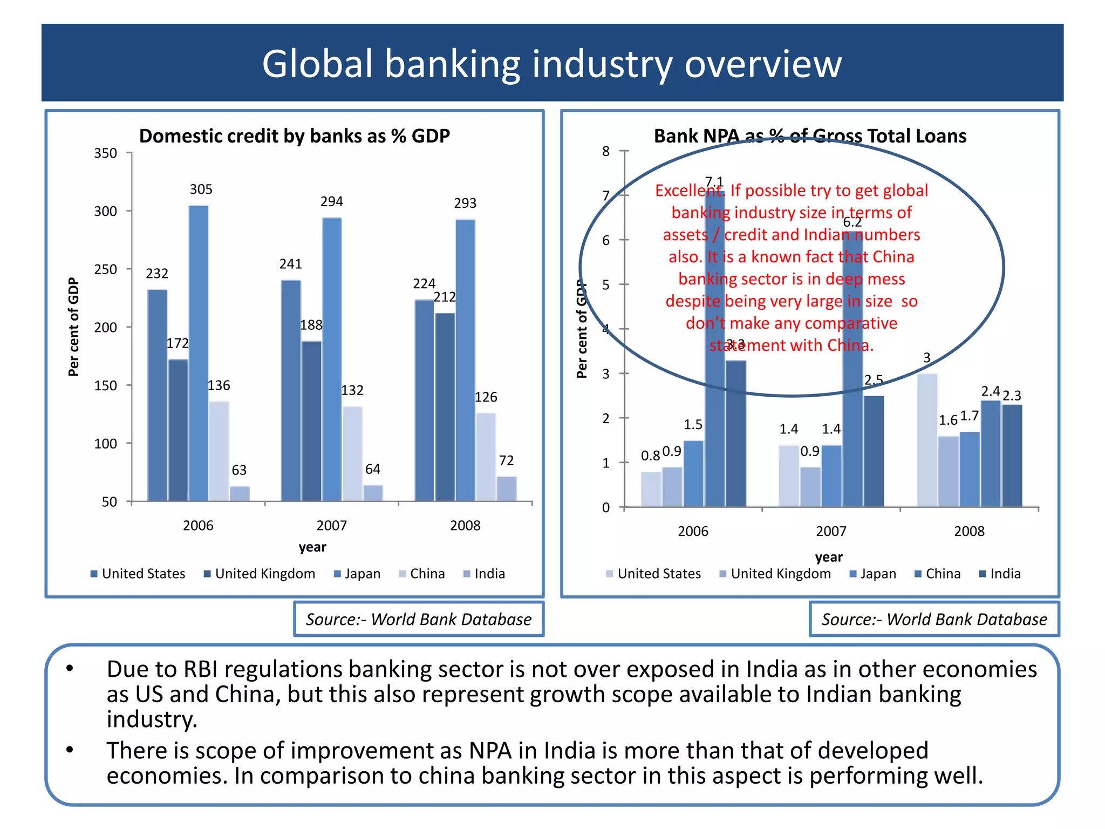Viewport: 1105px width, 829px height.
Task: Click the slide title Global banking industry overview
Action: (x=551, y=64)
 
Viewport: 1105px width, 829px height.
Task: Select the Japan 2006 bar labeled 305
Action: (x=199, y=354)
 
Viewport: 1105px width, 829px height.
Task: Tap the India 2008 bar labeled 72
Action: (x=507, y=488)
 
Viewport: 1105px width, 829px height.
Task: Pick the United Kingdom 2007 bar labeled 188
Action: (x=311, y=421)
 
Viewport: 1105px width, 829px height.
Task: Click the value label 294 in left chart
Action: (x=331, y=202)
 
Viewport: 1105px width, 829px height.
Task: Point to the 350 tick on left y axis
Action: (x=106, y=153)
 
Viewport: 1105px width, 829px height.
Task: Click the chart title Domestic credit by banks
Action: (x=295, y=136)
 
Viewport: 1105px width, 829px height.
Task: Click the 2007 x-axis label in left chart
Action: (x=331, y=526)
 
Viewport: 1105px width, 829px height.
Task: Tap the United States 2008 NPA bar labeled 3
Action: (x=927, y=440)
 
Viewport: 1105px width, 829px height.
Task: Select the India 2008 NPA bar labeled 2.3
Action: (x=1012, y=456)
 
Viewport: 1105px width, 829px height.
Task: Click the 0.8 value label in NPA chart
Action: (x=650, y=456)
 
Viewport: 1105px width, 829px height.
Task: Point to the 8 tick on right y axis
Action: (x=606, y=152)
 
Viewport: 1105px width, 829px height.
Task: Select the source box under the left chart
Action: (x=419, y=619)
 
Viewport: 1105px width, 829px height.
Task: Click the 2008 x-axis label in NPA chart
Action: (x=969, y=532)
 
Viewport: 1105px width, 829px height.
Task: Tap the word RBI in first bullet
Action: (x=200, y=669)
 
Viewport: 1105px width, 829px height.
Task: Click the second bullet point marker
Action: (x=70, y=750)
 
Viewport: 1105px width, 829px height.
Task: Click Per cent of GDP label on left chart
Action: (x=73, y=327)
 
